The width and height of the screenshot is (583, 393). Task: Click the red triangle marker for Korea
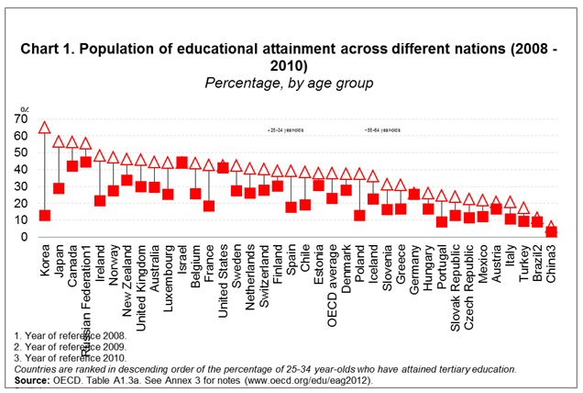click(x=45, y=128)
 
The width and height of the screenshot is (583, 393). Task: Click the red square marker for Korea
click(x=45, y=216)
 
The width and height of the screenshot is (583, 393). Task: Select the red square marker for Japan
click(x=59, y=188)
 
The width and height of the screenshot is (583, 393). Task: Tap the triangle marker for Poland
click(x=359, y=174)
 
